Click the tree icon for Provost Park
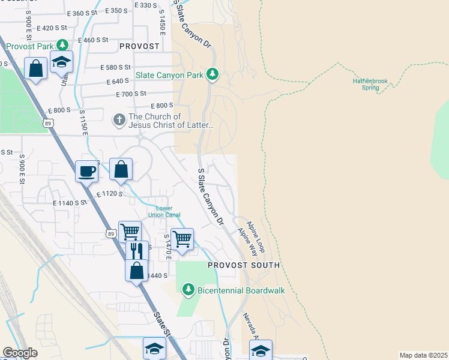[x=62, y=46]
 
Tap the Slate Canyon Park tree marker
[x=211, y=74]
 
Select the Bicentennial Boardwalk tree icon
[x=188, y=290]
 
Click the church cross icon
[x=119, y=120]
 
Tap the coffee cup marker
[x=86, y=171]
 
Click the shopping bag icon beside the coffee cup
[x=121, y=169]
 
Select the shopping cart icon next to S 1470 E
[x=182, y=239]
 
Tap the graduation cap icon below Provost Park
[x=61, y=62]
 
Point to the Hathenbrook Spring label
[x=370, y=84]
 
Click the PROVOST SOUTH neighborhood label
[x=244, y=265]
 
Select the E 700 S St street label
[x=131, y=94]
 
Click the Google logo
[x=20, y=353]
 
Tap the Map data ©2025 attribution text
[x=423, y=355]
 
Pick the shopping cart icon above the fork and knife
[x=130, y=231]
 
